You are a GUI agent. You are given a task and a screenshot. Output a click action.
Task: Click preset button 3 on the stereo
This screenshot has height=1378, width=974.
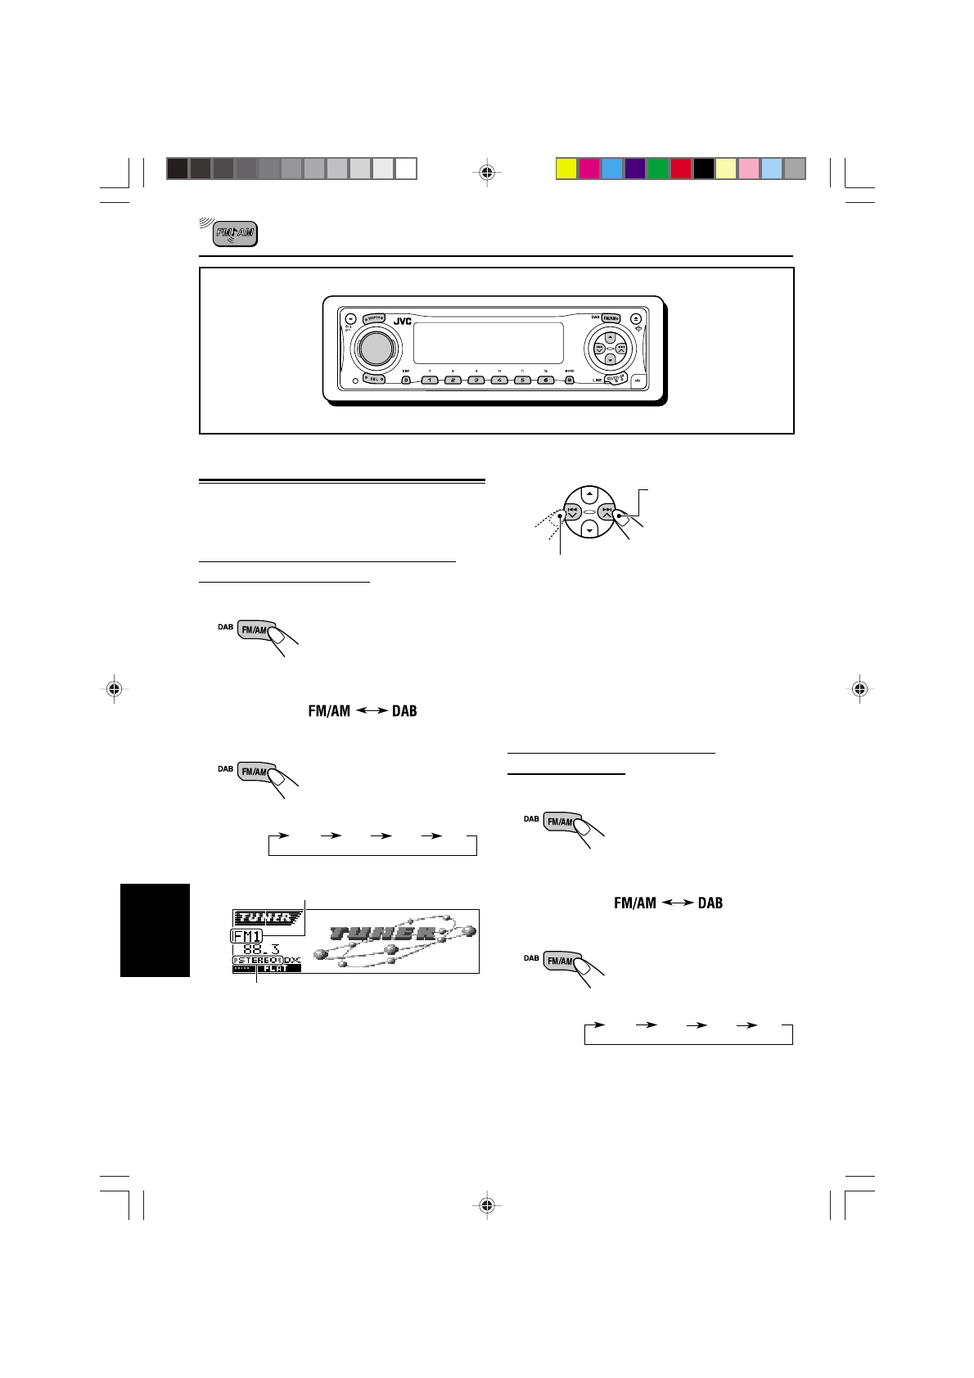(x=476, y=381)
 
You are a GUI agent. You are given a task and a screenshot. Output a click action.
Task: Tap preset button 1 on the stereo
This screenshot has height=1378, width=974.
(x=431, y=381)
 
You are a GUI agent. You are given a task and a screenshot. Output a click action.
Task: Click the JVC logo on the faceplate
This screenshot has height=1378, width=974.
(x=402, y=322)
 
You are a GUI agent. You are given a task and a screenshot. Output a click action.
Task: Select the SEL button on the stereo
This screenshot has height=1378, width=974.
(x=375, y=379)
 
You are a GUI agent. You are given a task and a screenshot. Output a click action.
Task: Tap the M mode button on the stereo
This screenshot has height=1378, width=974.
(x=569, y=381)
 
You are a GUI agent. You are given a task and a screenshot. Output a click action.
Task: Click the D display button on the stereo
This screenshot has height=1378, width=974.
(x=406, y=381)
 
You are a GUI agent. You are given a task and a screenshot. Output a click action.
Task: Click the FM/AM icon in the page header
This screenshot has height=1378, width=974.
(x=235, y=234)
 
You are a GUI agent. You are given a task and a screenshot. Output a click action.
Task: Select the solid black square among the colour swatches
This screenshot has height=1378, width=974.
(x=704, y=169)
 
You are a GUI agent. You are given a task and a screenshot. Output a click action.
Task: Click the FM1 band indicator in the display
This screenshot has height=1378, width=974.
(x=246, y=936)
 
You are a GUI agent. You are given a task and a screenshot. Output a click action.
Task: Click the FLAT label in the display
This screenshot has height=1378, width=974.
(x=277, y=968)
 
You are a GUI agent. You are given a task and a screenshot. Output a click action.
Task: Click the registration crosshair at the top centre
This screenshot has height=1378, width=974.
(x=487, y=173)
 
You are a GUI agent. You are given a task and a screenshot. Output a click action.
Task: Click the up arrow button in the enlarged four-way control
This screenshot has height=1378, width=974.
(x=589, y=495)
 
